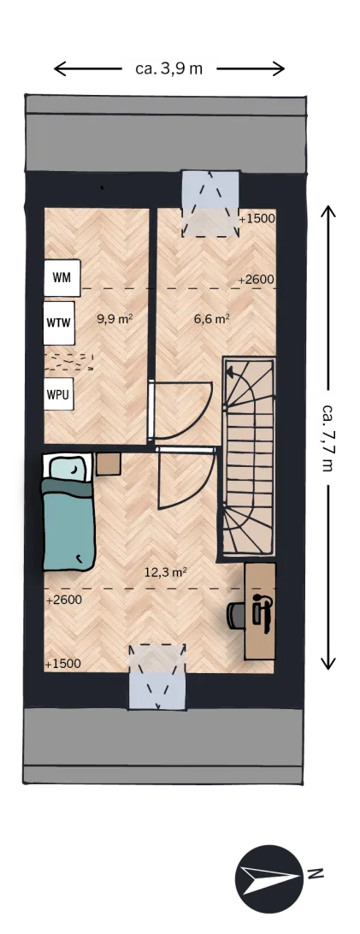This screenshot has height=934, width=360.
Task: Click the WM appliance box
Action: click(x=62, y=278)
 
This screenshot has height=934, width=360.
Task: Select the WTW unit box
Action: click(x=59, y=323)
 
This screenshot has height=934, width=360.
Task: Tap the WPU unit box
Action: click(x=58, y=393)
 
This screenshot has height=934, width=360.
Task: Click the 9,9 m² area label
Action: click(x=115, y=319)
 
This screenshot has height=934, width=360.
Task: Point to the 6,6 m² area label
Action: click(x=212, y=319)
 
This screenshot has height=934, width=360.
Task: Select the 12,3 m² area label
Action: click(x=166, y=572)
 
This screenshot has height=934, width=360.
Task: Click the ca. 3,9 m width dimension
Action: click(x=169, y=68)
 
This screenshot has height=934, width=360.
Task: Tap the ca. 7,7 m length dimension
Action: click(x=328, y=438)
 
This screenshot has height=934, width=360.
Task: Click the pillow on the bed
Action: click(x=68, y=469)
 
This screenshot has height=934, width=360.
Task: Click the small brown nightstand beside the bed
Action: click(x=109, y=464)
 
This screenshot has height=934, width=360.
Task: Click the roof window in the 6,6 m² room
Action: click(x=210, y=204)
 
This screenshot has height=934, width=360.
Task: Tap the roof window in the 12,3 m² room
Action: click(x=157, y=676)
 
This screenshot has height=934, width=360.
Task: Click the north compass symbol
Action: click(x=269, y=878)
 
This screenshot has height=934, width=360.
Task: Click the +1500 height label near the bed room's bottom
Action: click(x=63, y=665)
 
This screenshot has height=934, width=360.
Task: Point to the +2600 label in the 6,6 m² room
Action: click(x=256, y=280)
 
